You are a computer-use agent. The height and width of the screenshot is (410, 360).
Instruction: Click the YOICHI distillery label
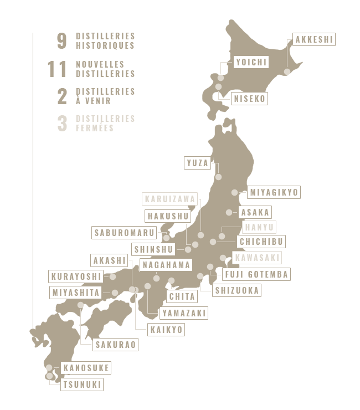tap(251, 62)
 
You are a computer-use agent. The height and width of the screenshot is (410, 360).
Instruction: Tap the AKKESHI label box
tap(315, 40)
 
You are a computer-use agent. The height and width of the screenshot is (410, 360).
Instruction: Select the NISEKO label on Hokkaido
tap(250, 99)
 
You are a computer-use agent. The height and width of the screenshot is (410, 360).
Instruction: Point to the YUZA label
tap(198, 163)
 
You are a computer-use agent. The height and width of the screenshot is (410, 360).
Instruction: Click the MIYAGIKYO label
tap(274, 192)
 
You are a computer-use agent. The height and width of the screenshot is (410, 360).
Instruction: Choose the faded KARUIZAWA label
tap(169, 199)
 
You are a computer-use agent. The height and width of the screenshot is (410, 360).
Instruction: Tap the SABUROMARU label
tap(124, 233)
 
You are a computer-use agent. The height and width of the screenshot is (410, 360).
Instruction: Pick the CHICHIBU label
tap(261, 241)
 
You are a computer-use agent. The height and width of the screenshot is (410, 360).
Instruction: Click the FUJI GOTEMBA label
tap(256, 274)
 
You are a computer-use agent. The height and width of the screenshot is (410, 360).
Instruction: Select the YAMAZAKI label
tap(184, 313)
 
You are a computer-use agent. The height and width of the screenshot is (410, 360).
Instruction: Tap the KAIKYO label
tap(166, 330)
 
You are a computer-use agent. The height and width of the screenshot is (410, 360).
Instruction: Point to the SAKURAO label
tap(115, 345)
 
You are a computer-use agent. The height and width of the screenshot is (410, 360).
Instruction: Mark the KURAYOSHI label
tap(76, 276)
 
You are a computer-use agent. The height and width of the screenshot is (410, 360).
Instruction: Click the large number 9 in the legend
tap(62, 41)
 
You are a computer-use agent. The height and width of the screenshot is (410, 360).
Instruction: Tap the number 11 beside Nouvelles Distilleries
tap(57, 69)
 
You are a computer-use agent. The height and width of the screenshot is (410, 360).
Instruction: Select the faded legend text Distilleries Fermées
tap(105, 123)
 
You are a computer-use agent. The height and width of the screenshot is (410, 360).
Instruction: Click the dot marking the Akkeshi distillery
tap(287, 71)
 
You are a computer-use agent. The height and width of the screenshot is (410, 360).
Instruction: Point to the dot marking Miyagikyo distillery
tap(235, 193)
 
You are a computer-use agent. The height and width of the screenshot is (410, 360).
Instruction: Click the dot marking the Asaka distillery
tap(229, 212)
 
